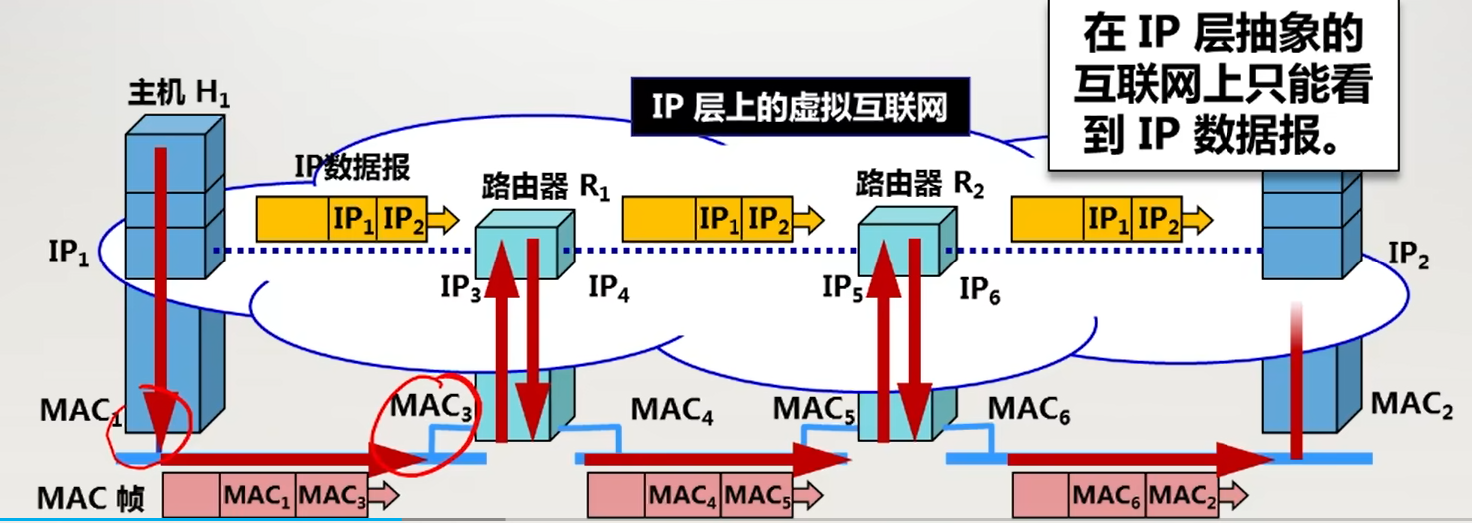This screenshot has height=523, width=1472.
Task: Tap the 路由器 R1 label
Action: pyautogui.click(x=545, y=186)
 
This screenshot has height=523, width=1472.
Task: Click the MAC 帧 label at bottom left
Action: pyautogui.click(x=91, y=496)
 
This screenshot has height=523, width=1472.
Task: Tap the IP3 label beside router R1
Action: pyautogui.click(x=461, y=288)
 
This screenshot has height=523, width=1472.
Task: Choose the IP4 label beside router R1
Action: pyautogui.click(x=609, y=288)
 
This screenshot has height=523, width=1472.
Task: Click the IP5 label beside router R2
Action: pyautogui.click(x=843, y=288)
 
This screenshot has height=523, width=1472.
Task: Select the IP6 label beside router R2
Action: pyautogui.click(x=981, y=290)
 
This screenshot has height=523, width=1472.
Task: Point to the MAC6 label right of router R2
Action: pyautogui.click(x=1029, y=410)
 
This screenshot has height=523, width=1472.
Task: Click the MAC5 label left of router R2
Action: pyautogui.click(x=814, y=408)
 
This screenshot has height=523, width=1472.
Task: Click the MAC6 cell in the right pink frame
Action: pyautogui.click(x=1108, y=494)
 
